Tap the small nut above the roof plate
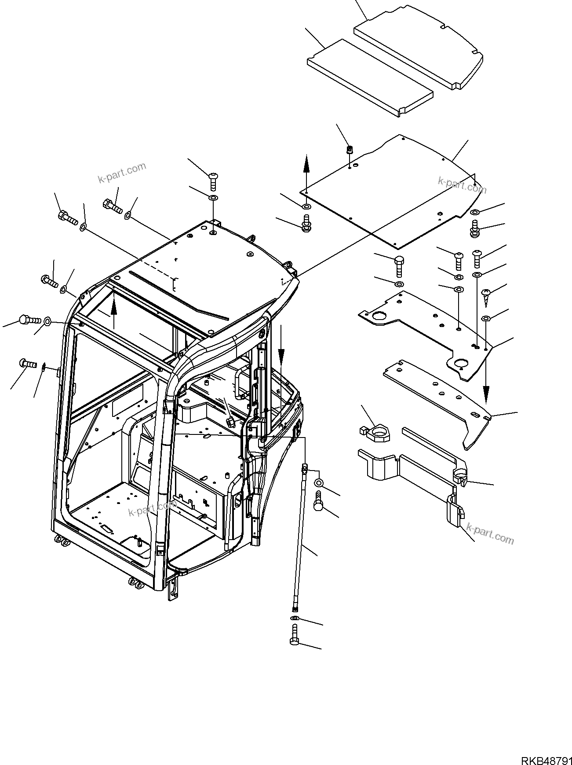pos(350,150)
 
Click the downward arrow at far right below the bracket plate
pos(486,387)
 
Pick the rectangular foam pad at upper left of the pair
pos(369,77)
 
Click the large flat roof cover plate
pos(396,194)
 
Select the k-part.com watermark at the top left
pos(122,173)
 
